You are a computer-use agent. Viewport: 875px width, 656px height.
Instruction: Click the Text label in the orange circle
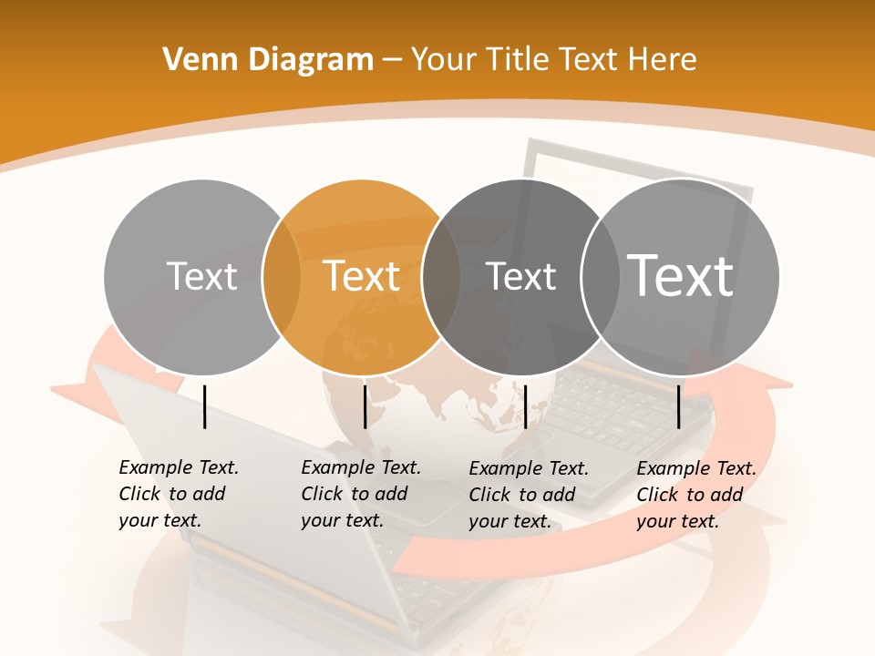pos(361,276)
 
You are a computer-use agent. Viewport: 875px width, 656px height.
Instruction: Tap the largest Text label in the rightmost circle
pos(681,275)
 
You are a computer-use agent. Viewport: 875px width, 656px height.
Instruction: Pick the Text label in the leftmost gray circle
pos(201,276)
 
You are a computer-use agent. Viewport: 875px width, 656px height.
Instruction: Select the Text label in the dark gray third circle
pos(521,276)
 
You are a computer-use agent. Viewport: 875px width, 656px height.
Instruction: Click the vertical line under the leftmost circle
pos(204,406)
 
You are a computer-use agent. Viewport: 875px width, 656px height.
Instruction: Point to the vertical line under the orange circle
pos(365,406)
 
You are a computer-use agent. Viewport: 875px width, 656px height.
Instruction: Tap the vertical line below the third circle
pos(525,406)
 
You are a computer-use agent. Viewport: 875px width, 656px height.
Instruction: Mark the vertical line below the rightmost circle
pos(679,406)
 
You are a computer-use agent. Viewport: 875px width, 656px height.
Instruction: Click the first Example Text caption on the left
pos(179,494)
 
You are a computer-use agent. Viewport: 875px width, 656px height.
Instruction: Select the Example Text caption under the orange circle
pos(361,494)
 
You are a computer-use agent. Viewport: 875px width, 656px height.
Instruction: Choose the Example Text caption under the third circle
pos(529,495)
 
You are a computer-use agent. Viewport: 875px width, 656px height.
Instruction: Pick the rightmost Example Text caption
pos(696,495)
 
